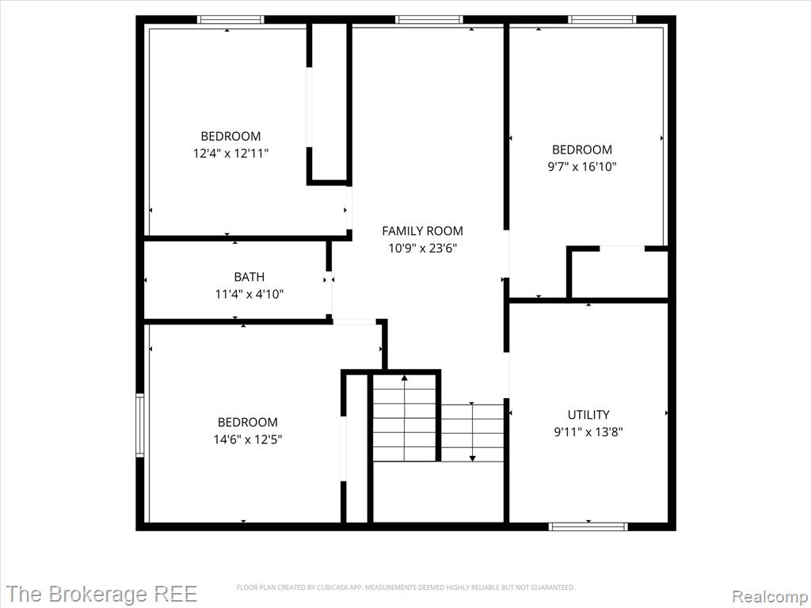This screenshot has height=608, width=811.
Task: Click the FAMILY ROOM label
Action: click(x=423, y=231)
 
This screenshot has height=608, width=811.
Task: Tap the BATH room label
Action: click(x=249, y=277)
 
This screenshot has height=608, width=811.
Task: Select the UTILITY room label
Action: click(x=588, y=415)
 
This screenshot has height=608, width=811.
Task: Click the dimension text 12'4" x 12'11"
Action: click(x=231, y=154)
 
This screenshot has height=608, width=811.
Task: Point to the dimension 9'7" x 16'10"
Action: click(x=582, y=167)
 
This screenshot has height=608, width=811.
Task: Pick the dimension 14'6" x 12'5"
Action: click(x=248, y=440)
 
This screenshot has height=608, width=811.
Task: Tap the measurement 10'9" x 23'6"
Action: click(x=423, y=249)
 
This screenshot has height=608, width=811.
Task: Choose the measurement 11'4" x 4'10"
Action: click(x=249, y=294)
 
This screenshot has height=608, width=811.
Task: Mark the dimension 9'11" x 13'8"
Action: click(x=588, y=432)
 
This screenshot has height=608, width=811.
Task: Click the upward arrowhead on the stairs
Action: click(x=405, y=378)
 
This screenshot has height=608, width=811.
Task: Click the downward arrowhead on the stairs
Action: click(x=472, y=458)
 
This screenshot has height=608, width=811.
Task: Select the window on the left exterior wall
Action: click(x=139, y=425)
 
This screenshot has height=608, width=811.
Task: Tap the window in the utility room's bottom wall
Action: click(x=588, y=526)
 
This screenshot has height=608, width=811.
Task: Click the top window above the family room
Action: click(x=429, y=20)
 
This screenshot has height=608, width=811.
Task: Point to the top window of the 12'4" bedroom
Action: click(x=230, y=20)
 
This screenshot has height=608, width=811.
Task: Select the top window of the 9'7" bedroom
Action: click(x=602, y=20)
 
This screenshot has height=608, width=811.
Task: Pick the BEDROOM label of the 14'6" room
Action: click(x=248, y=423)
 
